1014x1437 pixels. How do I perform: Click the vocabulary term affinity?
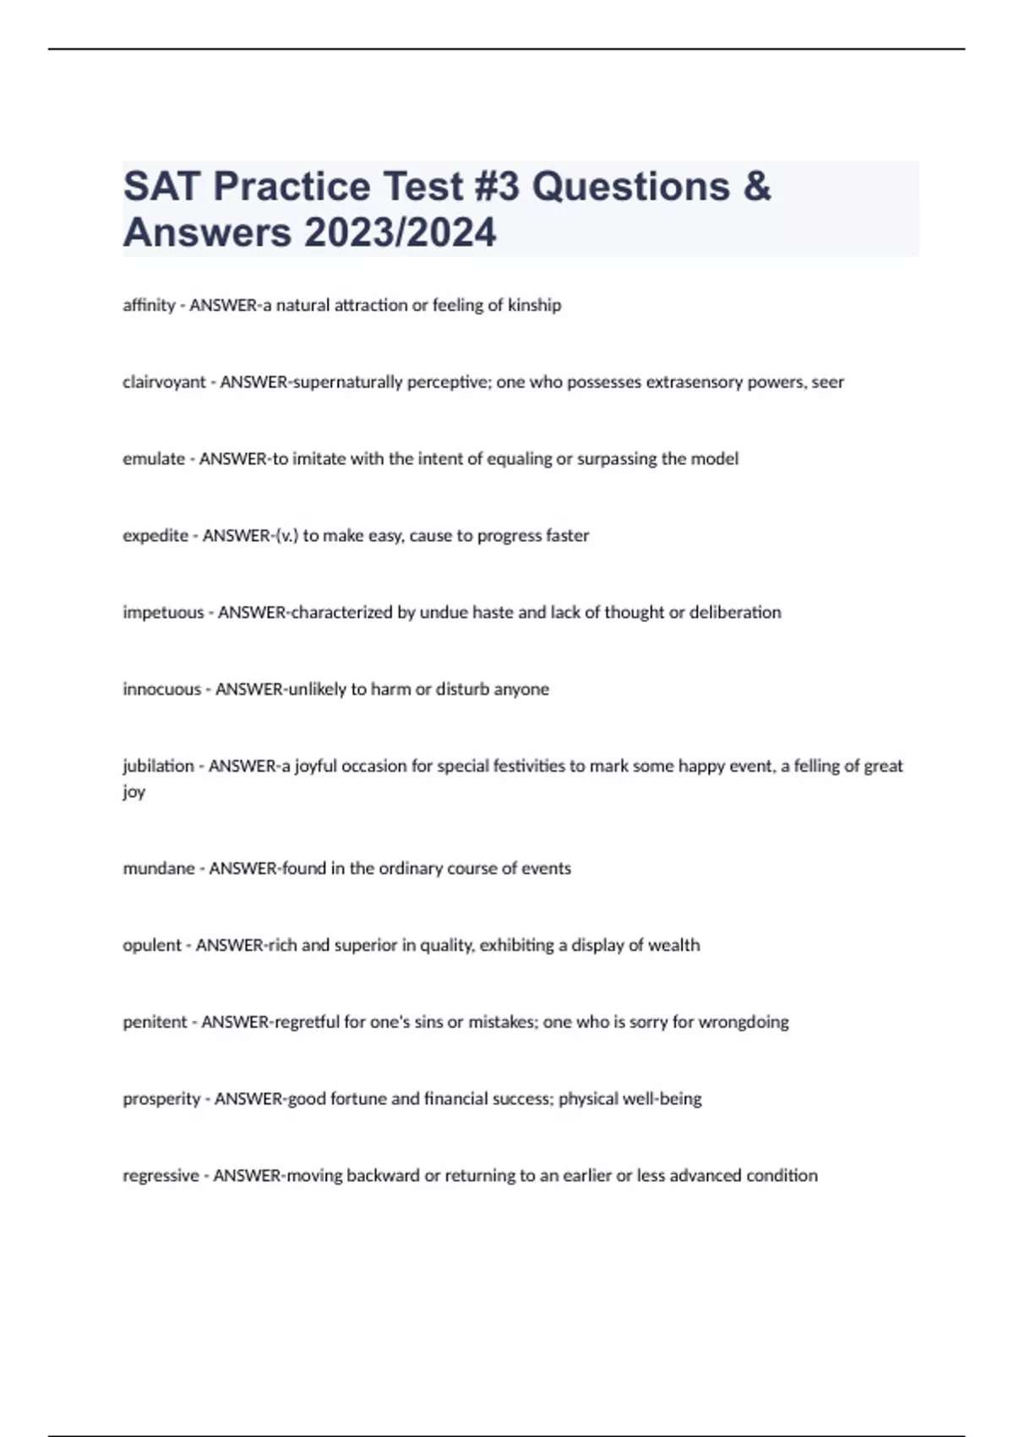[x=149, y=305]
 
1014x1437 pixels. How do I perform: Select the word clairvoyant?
[x=164, y=382]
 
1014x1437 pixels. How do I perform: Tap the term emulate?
[x=154, y=459]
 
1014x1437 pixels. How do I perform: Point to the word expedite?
[x=155, y=536]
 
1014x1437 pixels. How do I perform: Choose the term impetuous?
[x=163, y=613]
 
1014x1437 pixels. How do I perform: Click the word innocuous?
[x=161, y=690]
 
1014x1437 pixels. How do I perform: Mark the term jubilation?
[x=158, y=767]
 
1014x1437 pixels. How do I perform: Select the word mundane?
[x=159, y=869]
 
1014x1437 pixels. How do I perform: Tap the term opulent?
[x=152, y=946]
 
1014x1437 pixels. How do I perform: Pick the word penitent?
[x=155, y=1023]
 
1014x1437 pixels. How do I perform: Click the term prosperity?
[x=161, y=1100]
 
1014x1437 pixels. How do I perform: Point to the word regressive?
[x=161, y=1176]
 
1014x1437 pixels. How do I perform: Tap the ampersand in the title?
[x=757, y=187]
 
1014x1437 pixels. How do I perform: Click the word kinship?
[x=534, y=305]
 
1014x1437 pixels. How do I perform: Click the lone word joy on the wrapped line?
[x=134, y=793]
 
